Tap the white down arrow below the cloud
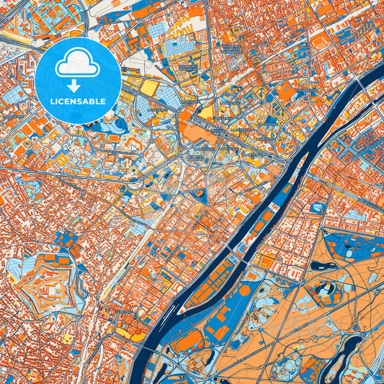[x=77, y=86]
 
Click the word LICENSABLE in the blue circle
[x=77, y=102]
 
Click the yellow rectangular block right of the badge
[x=149, y=87]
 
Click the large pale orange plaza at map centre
[x=193, y=130]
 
